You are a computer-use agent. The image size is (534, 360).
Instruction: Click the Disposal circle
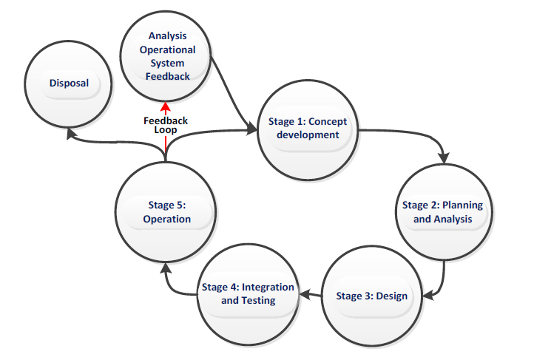coord(69,84)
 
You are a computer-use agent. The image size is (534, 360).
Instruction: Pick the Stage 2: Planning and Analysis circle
coord(442,212)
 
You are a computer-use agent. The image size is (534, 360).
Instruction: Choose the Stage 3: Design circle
coord(371,296)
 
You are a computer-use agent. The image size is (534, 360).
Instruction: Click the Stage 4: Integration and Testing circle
coord(248,293)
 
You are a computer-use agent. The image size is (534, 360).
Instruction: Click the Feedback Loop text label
coord(166,124)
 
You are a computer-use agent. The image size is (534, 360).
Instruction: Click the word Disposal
coord(69,84)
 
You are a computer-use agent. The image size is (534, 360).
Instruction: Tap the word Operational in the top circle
coord(169,50)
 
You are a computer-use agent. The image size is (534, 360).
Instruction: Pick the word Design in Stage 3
coord(391,296)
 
